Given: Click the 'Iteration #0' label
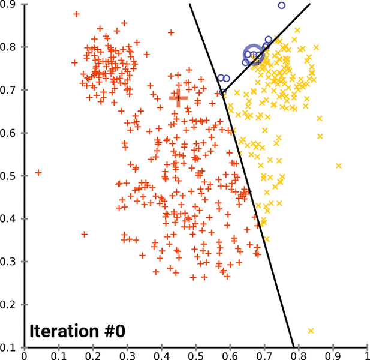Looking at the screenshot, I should coord(77,331).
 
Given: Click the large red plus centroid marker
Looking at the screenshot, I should coord(178,97).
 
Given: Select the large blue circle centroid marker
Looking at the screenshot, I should coord(254,54).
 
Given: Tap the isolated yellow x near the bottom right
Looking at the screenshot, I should coord(311,331).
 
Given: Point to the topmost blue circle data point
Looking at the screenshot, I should coord(282,5).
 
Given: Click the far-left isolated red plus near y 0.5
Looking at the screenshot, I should coord(38,173).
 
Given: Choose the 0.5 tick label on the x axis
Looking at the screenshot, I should coord(195,355).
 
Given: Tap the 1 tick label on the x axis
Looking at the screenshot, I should coord(366,355).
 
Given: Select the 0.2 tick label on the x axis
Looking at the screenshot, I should coord(92,355).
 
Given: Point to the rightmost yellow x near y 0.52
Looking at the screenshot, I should coord(338,166).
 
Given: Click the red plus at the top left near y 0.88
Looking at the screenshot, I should coord(76,14).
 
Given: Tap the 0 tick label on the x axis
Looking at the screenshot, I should coord(24,355).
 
